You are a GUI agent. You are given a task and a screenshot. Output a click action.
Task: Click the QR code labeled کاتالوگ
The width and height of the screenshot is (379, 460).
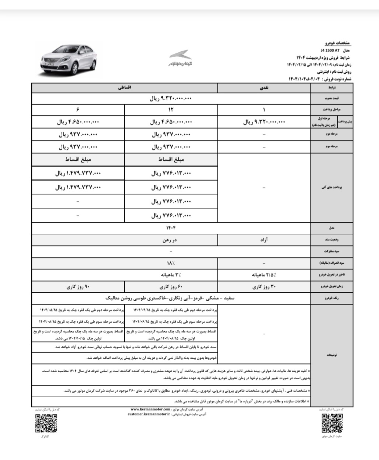pyautogui.click(x=46, y=423)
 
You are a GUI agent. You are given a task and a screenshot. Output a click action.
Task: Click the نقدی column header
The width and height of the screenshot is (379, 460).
pyautogui.click(x=264, y=88)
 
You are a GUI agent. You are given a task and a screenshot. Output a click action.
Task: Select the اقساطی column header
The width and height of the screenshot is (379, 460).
pyautogui.click(x=125, y=88)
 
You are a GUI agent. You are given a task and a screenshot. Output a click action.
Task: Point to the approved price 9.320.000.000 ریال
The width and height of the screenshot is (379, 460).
pyautogui.click(x=171, y=99)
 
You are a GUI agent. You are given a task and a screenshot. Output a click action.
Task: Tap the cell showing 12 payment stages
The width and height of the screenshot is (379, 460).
pyautogui.click(x=171, y=110)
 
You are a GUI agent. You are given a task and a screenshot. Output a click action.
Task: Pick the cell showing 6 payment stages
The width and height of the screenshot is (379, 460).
pyautogui.click(x=78, y=110)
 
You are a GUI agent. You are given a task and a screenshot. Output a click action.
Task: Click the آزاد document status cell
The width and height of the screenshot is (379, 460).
pyautogui.click(x=264, y=240)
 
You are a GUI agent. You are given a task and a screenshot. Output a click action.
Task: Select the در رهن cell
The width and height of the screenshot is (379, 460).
pyautogui.click(x=171, y=240)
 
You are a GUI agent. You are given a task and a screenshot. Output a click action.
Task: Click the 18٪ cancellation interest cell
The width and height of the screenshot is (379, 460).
pyautogui.click(x=171, y=264)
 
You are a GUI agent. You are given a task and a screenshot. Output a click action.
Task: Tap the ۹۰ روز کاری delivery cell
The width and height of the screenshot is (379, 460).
pyautogui.click(x=78, y=287)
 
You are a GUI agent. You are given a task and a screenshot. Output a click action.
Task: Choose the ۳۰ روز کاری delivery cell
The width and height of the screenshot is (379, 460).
pyautogui.click(x=264, y=287)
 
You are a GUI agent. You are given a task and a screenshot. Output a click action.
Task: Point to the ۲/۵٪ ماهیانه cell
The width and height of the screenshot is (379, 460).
pyautogui.click(x=264, y=275)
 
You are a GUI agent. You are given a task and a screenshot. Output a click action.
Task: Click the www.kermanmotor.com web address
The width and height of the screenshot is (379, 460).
pyautogui.click(x=150, y=409)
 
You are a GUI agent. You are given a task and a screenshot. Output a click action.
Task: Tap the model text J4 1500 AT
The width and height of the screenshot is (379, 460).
pyautogui.click(x=329, y=50)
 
